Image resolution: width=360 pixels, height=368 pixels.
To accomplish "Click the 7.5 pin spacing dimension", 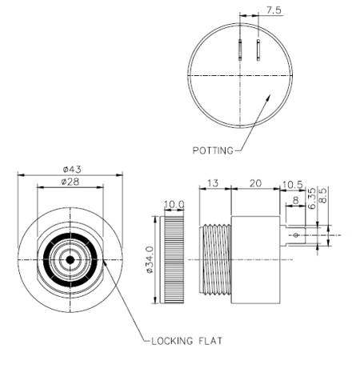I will click(272, 11).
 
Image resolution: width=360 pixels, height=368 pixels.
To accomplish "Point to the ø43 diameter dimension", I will click(70, 169).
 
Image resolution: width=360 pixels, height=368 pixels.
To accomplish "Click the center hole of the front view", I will click(70, 260).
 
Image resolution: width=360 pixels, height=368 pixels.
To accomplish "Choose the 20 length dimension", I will click(254, 183).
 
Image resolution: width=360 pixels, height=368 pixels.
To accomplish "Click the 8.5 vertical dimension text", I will click(323, 196).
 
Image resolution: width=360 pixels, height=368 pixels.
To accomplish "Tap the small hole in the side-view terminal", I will click(296, 235).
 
